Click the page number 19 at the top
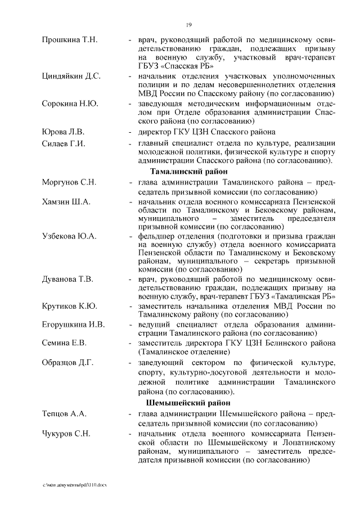point(190,25)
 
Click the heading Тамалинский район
point(189,172)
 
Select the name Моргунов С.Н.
point(69,183)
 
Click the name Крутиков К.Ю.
point(69,306)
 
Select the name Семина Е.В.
point(64,343)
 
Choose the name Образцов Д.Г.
point(67,362)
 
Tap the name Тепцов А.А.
point(64,414)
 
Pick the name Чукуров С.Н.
point(66,434)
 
